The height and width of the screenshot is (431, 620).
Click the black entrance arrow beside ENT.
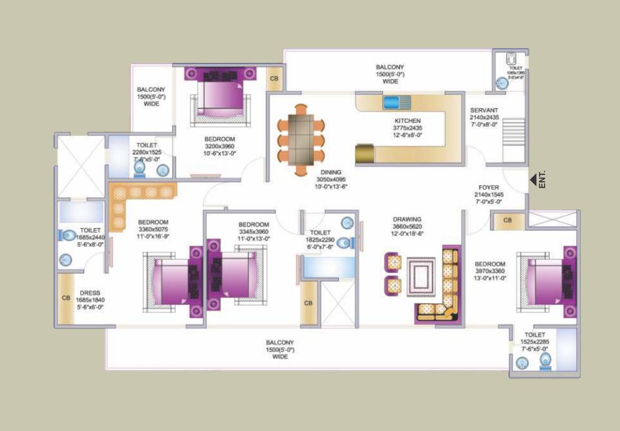pos(533,180)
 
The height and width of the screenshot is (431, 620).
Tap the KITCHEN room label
pos(408,121)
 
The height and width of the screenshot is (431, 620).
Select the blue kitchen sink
pos(396,101)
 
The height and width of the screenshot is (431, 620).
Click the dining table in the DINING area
pos(301,139)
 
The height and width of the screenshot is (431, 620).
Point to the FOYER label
pos(489,188)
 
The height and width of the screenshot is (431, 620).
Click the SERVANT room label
pos(484,110)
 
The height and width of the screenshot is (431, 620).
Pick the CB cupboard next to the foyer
pos(507,220)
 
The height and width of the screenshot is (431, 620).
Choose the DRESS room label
pos(90,293)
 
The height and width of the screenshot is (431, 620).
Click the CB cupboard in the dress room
pos(66,298)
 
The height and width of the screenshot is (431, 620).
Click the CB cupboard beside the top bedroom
pos(274,79)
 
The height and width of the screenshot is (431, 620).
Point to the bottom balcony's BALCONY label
pos(280,342)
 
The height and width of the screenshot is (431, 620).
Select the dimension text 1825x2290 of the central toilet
pos(320,240)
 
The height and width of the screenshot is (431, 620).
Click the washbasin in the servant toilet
pos(501,83)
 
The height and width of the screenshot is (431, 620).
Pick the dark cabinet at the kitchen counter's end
pos(366,154)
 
